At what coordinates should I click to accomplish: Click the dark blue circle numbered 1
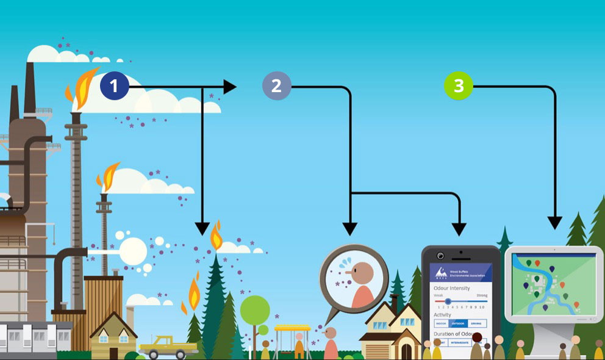point(114,87)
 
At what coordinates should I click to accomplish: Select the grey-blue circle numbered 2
point(276,86)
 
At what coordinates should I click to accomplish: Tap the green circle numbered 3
point(458,86)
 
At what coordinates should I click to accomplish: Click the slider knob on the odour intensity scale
point(448,301)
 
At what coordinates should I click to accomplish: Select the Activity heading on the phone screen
point(443,315)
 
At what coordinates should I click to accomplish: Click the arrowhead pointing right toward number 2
point(230,87)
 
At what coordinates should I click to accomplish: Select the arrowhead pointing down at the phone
point(459,229)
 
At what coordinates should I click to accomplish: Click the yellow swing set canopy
point(291,328)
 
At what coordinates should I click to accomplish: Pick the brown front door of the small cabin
point(113,353)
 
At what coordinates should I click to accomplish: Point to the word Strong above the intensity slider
point(481,295)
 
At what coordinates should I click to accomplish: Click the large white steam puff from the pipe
point(133,251)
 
